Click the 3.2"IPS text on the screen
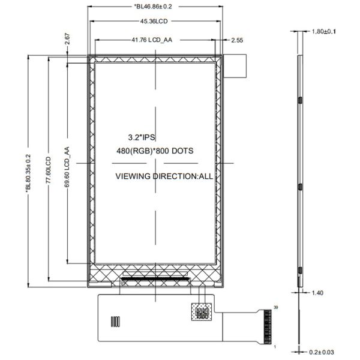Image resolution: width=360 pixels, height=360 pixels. [x=142, y=137]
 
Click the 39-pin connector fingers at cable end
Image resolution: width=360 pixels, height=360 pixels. [x=264, y=327]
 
